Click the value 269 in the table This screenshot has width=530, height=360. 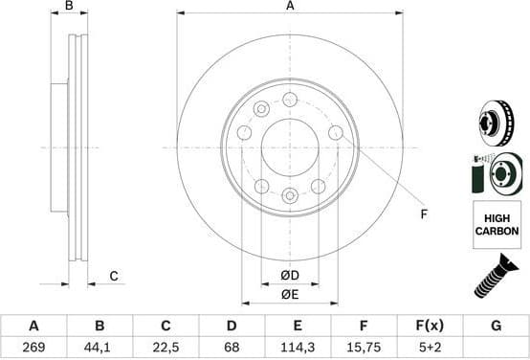[x=33, y=349]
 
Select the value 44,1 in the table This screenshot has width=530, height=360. [x=99, y=349]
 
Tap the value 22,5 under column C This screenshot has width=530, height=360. [x=165, y=349]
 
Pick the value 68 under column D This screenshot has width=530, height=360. [x=231, y=349]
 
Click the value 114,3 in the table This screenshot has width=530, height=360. [x=298, y=349]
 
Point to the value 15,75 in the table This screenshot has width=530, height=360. [x=364, y=349]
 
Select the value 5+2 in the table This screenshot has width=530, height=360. [x=430, y=349]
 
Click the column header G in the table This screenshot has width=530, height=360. [x=496, y=326]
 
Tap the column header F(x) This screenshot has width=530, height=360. [x=430, y=326]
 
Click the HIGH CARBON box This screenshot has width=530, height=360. [x=497, y=226]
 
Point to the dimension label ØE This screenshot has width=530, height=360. [x=289, y=294]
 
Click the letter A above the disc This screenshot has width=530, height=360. [x=290, y=7]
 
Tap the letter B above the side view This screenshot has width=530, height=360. [x=68, y=7]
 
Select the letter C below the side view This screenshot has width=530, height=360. [x=113, y=277]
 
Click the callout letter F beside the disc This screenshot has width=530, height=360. [x=423, y=214]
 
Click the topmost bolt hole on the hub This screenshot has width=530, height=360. [x=290, y=99]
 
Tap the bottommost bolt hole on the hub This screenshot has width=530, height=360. [x=290, y=195]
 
